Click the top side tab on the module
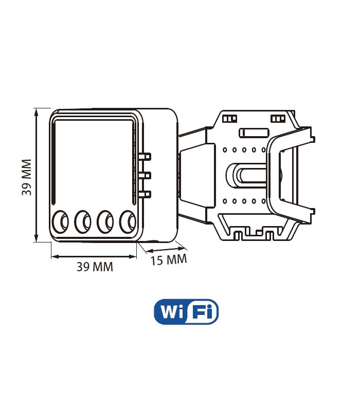[146, 155]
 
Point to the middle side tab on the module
[146, 175]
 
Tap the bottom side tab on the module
[146, 194]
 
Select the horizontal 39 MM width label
[95, 267]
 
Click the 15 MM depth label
[169, 259]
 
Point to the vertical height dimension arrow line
[36, 175]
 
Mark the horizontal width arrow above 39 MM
[95, 255]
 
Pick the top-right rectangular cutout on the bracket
[278, 119]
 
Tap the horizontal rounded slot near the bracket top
[254, 133]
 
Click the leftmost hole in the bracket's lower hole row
[226, 200]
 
